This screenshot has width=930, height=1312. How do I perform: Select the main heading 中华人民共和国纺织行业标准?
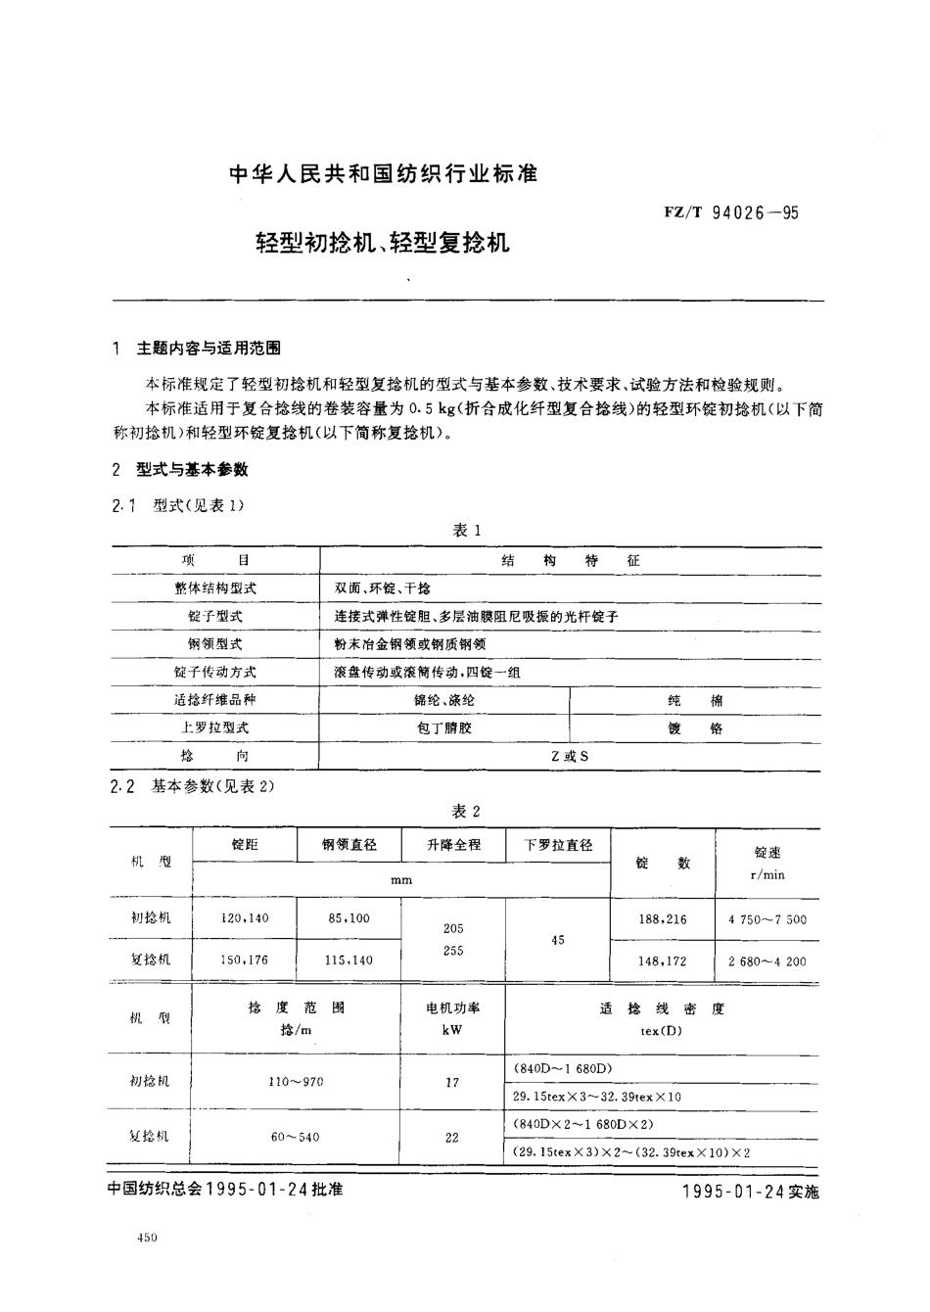383,175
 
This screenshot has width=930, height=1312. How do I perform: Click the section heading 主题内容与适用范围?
209,348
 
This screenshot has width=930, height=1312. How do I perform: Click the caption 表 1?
466,530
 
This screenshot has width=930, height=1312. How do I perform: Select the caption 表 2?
466,811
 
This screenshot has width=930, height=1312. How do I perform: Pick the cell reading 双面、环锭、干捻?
382,588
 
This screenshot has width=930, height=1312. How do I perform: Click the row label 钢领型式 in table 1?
214,644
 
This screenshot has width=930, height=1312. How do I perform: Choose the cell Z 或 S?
570,756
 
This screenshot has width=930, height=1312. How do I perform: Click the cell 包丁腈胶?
444,728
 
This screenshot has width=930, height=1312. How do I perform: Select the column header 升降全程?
453,844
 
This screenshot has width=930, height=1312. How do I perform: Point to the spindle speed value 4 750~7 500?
767,919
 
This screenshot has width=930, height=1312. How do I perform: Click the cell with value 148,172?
663,961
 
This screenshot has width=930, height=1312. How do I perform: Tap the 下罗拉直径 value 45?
558,940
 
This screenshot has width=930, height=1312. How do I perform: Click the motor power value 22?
451,1138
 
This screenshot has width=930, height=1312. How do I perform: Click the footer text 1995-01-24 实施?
748,1192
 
